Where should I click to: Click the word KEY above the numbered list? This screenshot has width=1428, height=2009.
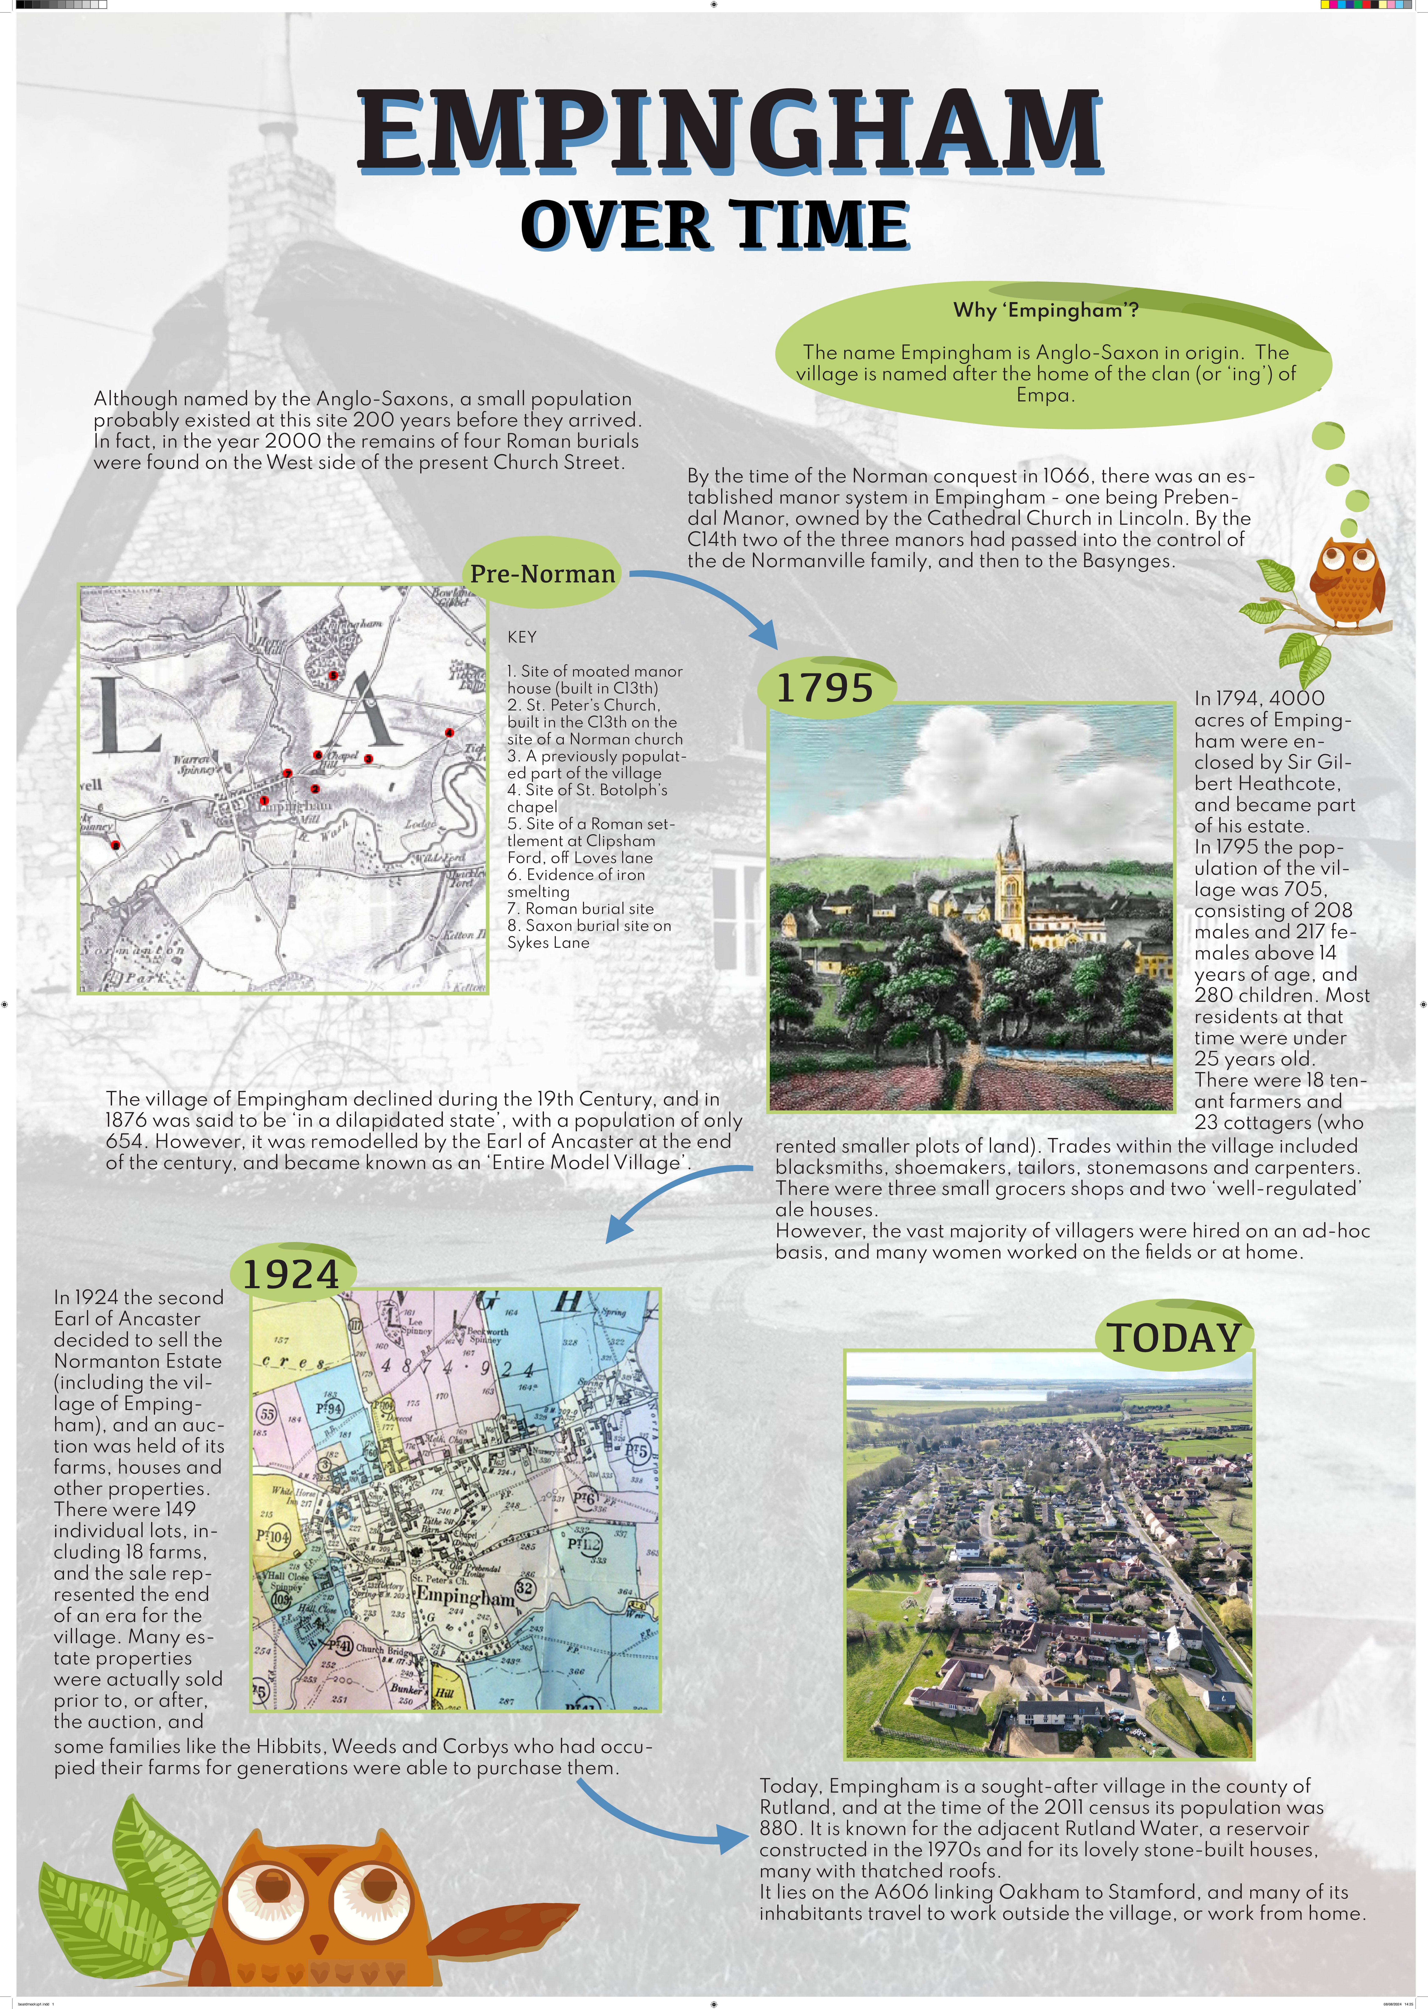point(521,636)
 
